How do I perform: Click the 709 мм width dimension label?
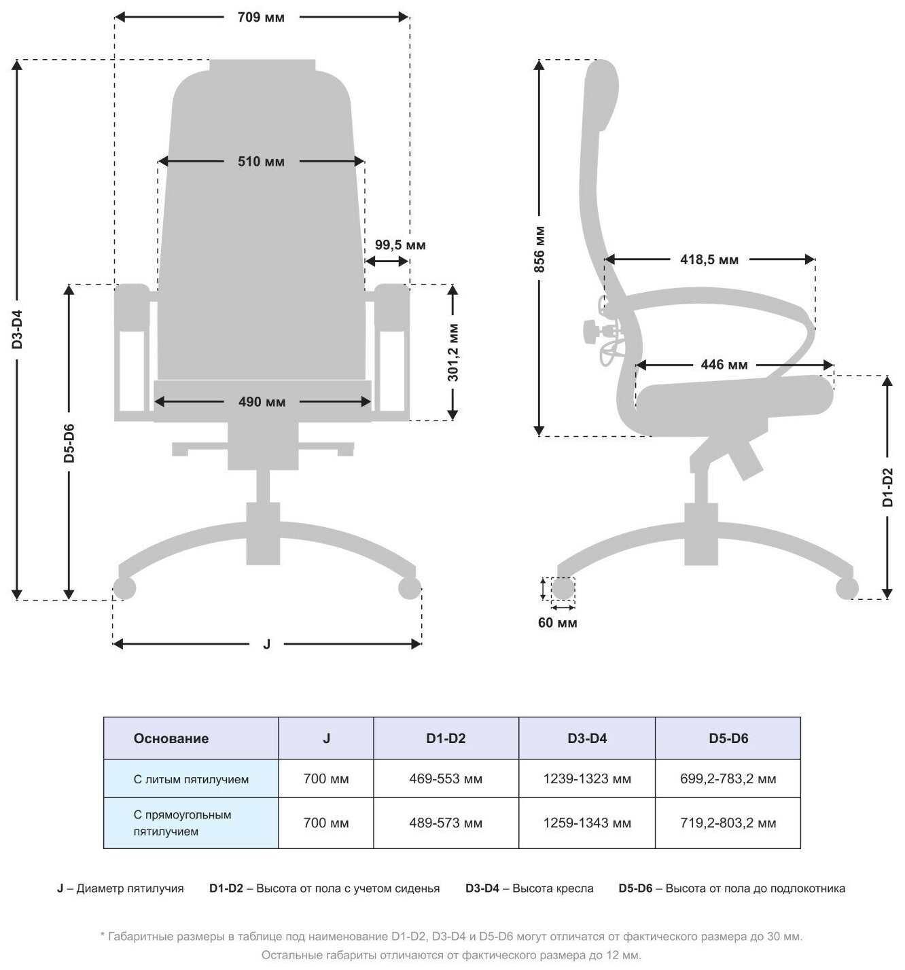[x=261, y=18]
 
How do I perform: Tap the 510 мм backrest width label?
[x=261, y=162]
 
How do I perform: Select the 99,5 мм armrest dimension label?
[x=400, y=245]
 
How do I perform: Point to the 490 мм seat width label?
[x=262, y=402]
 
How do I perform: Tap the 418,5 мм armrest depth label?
[x=709, y=259]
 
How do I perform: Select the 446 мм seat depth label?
[x=724, y=365]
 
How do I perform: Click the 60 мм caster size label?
[x=557, y=623]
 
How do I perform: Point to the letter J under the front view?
[x=266, y=644]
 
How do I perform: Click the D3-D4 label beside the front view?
[x=18, y=329]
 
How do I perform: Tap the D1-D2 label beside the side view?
[x=887, y=487]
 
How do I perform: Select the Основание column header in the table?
[x=171, y=738]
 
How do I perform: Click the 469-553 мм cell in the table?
[x=446, y=779]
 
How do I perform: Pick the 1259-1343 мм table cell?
[x=587, y=823]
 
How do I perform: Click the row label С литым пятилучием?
[x=191, y=779]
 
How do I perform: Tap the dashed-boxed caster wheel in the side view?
[x=563, y=588]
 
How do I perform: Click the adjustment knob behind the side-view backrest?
[x=590, y=331]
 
